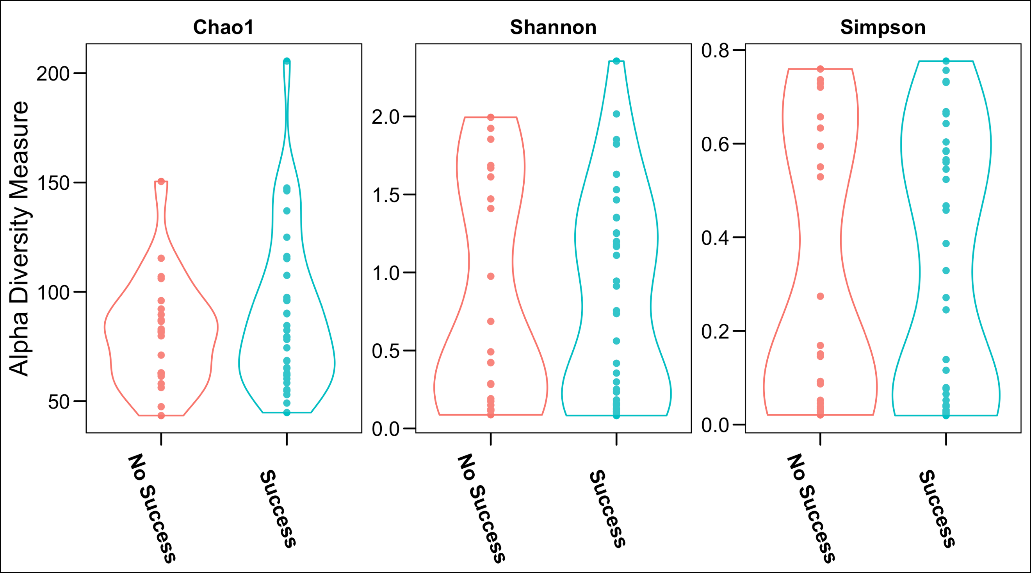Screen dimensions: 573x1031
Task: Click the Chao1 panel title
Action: coord(223,27)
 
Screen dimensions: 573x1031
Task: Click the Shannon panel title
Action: coord(553,27)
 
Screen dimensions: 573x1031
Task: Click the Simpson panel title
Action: coord(883,27)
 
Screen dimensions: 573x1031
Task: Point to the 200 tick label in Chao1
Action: coord(53,74)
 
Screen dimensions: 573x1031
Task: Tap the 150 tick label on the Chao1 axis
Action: coord(53,184)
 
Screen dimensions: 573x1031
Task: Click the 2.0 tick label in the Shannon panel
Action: coord(386,117)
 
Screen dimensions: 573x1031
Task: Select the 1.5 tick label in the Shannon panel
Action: coord(386,195)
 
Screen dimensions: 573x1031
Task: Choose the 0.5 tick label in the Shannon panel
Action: coord(386,351)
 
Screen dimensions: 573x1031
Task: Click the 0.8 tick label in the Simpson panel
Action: coord(716,51)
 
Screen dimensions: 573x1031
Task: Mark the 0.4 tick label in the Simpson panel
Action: coord(716,238)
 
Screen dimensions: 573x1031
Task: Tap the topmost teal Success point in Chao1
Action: coord(287,61)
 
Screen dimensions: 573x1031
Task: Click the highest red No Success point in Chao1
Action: coord(161,181)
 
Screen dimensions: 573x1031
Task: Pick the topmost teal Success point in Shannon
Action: coord(616,61)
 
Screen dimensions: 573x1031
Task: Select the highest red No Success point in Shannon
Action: coord(491,117)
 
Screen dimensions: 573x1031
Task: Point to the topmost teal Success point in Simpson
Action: coord(946,61)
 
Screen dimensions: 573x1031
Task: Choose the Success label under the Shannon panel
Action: coord(607,509)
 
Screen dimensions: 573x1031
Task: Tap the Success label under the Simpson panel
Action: coord(937,509)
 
